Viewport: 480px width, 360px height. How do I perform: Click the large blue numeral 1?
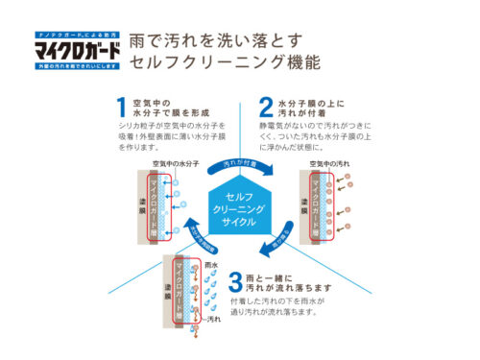[x=121, y=108]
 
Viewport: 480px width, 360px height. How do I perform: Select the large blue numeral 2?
[x=264, y=108]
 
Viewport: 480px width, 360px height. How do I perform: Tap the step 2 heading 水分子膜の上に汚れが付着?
[x=310, y=107]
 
